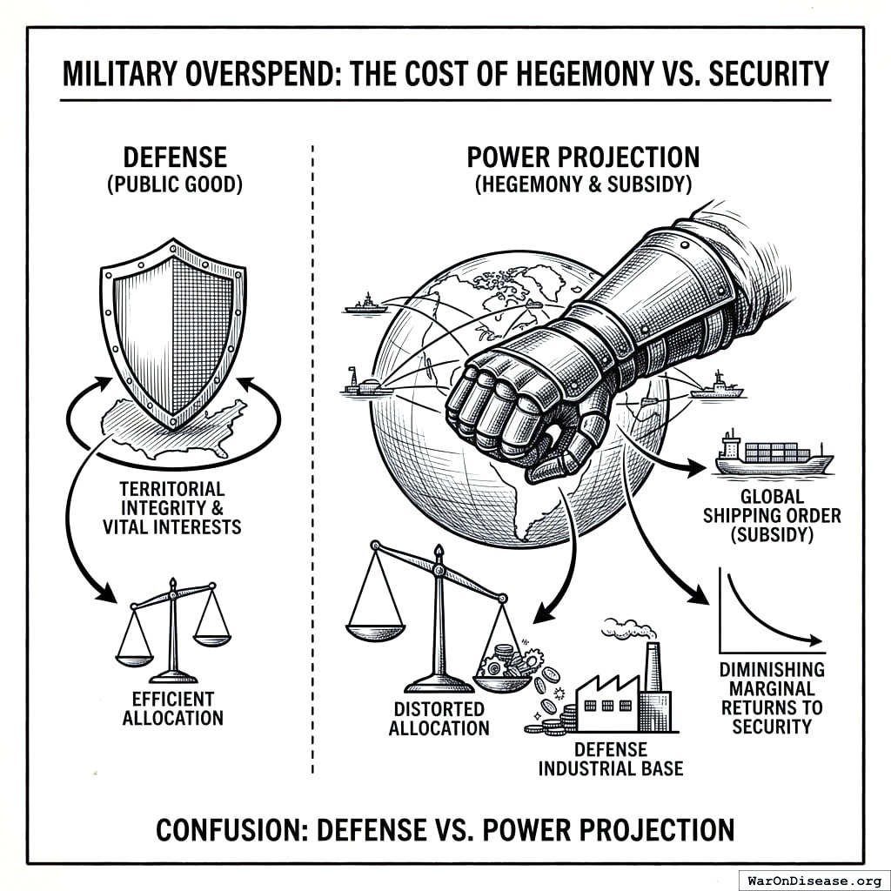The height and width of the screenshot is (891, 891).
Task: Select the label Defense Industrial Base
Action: click(610, 759)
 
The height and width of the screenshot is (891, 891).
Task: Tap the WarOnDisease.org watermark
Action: click(813, 879)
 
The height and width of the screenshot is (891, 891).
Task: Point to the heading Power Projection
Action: click(583, 157)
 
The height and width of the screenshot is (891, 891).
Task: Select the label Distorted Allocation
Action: click(439, 718)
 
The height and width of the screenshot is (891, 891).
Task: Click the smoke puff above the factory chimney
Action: click(625, 628)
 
